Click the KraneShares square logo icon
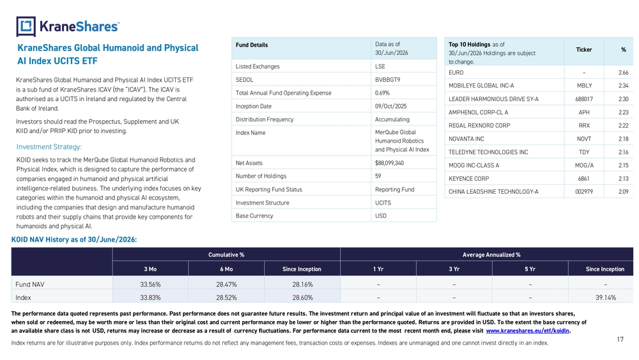point(26,26)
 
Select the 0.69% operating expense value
point(382,93)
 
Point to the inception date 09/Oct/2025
point(391,106)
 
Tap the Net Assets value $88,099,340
point(389,163)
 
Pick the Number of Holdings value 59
point(378,176)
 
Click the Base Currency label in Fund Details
point(254,216)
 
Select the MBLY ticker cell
point(584,86)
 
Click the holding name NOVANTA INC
point(466,139)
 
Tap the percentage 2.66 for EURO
point(623,72)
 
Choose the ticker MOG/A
point(584,166)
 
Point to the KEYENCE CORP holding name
point(468,178)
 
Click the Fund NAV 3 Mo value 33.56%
point(150,285)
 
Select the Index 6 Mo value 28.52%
point(226,297)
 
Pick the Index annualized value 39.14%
point(606,297)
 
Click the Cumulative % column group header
point(226,254)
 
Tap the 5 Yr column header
point(530,269)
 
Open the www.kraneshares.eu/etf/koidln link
point(528,331)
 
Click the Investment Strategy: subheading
point(49,147)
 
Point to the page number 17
point(620,339)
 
